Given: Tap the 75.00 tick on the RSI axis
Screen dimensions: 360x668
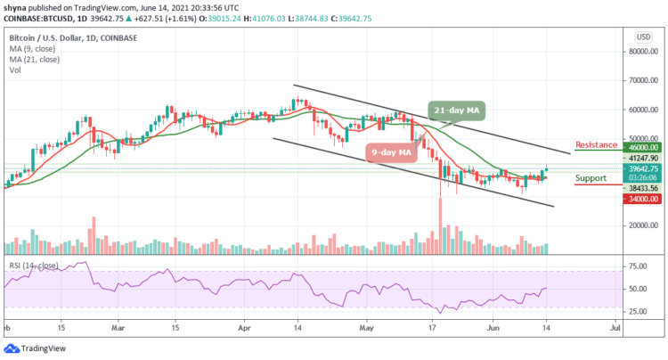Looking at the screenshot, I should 636,266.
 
